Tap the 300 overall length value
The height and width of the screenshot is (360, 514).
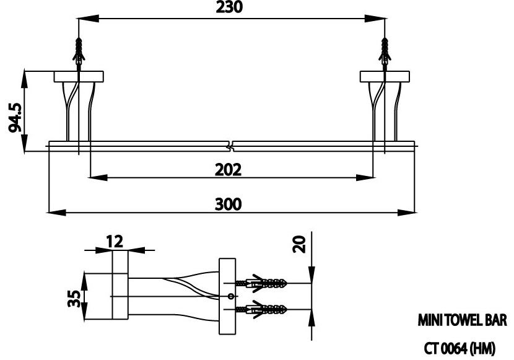point(230,203)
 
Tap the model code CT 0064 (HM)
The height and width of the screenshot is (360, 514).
point(460,348)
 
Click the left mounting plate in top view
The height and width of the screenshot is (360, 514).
point(79,77)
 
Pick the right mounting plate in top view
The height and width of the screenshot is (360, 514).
point(385,77)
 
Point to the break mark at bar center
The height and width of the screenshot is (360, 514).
point(232,147)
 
